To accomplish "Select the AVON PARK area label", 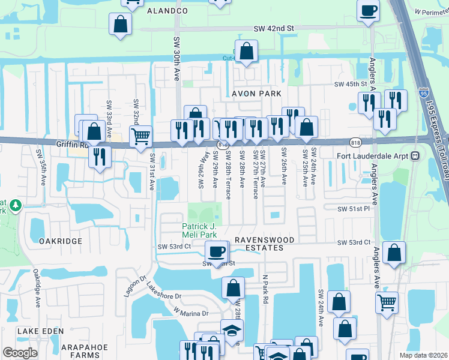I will click(x=256, y=94).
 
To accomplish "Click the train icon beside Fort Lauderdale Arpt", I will click(x=414, y=155).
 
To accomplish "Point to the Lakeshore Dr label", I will click(x=163, y=295).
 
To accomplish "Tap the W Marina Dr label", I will click(x=191, y=312).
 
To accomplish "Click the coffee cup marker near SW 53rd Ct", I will click(x=217, y=251).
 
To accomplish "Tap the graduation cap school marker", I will click(x=232, y=330).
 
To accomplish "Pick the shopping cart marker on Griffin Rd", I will click(x=140, y=135).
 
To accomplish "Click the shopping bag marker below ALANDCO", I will click(x=120, y=24).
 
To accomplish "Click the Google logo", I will click(x=20, y=353).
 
